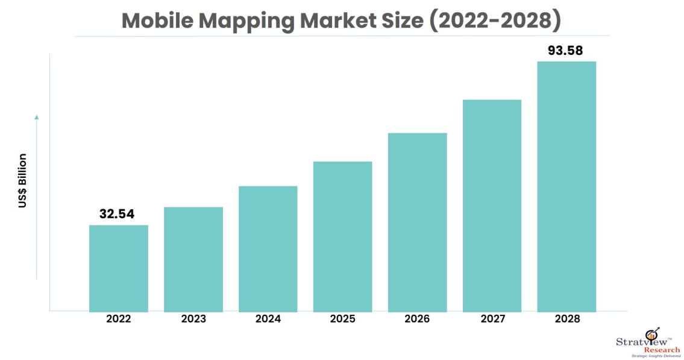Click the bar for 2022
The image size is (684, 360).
point(119,268)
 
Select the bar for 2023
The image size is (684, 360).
point(193,259)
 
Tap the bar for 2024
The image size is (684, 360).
point(268,248)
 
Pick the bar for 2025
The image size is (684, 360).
point(343,236)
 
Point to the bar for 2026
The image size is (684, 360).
point(418,222)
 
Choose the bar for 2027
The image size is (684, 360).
point(492,205)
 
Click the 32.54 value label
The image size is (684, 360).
point(117,214)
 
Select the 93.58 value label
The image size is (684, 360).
point(565,51)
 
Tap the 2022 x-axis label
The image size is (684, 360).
point(119,319)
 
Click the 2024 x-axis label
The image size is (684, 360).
point(268,319)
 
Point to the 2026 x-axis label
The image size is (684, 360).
point(417,319)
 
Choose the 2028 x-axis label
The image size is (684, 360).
point(566,319)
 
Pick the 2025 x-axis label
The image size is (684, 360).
point(343,319)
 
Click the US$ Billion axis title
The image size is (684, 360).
point(23,181)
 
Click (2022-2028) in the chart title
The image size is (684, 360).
point(494,21)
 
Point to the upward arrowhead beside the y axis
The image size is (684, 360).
point(36,116)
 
